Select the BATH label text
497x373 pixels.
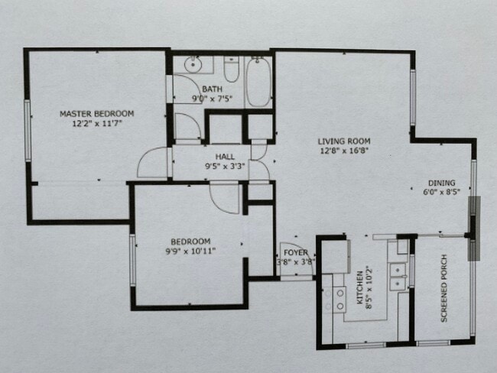coord(212,89)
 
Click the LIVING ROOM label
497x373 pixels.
coord(344,141)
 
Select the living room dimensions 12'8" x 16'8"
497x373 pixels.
coord(344,151)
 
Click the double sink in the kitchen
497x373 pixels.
coord(397,277)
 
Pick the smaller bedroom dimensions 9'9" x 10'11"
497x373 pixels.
coord(188,249)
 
